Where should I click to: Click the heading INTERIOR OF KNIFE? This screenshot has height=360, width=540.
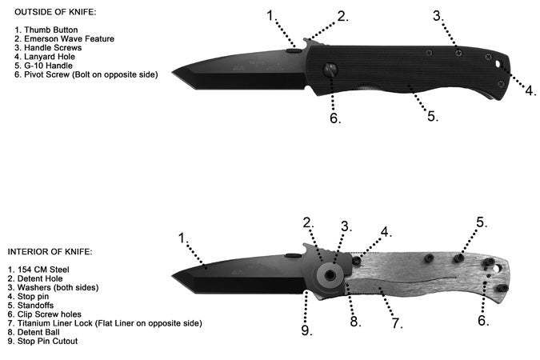50,252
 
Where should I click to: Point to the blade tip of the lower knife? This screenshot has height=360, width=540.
174,278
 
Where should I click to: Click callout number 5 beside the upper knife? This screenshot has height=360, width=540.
432,116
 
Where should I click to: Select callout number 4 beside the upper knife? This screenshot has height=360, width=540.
530,90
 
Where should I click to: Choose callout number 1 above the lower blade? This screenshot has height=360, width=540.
182,238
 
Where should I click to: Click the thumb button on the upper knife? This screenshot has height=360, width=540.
294,50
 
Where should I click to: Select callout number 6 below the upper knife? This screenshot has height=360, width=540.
334,119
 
